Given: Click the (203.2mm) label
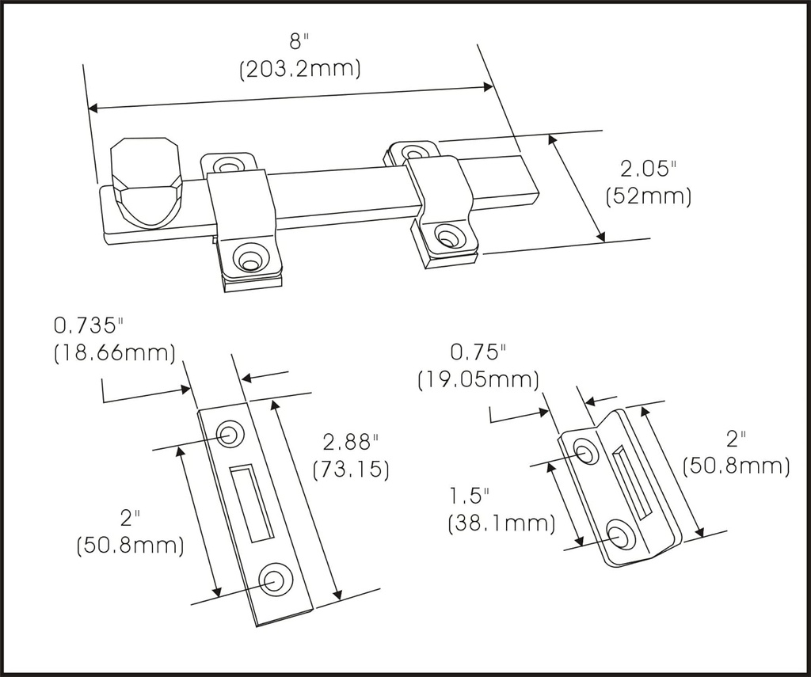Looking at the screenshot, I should point(300,70).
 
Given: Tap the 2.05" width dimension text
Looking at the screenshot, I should point(648,169).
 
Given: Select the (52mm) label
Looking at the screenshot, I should point(648,196).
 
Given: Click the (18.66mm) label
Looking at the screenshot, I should point(114,352).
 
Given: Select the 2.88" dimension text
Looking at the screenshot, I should point(351,442).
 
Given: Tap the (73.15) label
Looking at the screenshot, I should point(351,469).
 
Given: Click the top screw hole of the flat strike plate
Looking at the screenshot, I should point(231,434).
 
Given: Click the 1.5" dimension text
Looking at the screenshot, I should point(469,496).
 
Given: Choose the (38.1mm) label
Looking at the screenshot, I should point(501,523).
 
